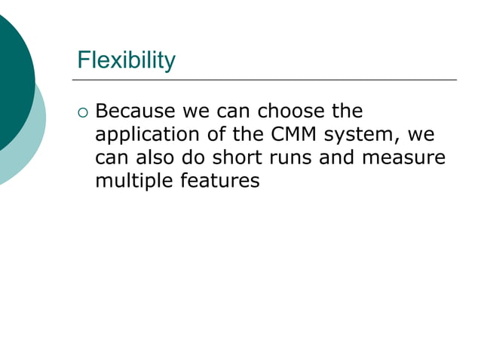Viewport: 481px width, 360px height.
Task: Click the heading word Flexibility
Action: coord(127,59)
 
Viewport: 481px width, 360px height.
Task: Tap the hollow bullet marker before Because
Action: coord(83,114)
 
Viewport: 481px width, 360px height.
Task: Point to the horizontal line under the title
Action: coord(265,79)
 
